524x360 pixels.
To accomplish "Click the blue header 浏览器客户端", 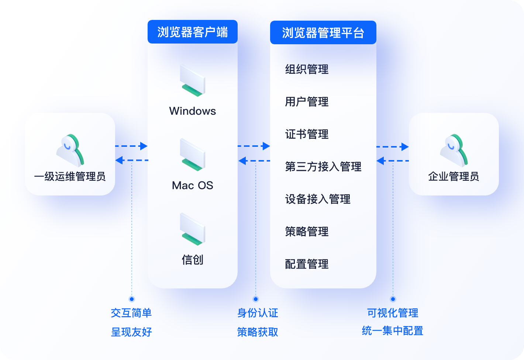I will (x=192, y=32).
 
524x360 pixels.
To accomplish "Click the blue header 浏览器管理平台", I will (x=323, y=33).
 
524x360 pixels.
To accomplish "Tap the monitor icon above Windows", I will (x=192, y=81).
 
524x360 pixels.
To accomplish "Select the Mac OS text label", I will (x=192, y=185).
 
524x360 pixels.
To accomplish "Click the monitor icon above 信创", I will (x=192, y=229).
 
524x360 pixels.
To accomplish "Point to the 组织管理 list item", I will (x=307, y=69).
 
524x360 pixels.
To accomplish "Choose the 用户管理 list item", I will (x=307, y=102).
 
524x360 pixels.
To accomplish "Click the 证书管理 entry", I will (x=307, y=134).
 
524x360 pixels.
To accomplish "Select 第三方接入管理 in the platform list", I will (x=323, y=167).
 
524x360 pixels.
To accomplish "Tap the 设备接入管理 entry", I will (x=317, y=199).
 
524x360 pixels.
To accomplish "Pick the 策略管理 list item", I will (x=307, y=232).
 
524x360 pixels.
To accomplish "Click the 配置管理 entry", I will (x=307, y=264).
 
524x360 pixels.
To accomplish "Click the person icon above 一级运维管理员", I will (x=70, y=150).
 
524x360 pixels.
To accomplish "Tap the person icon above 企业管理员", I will (x=454, y=150).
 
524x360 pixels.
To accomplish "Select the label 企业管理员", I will (x=454, y=177).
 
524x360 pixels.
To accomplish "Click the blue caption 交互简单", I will (x=131, y=313).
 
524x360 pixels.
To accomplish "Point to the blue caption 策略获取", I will (x=258, y=332).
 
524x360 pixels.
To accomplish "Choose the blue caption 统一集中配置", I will (x=393, y=331).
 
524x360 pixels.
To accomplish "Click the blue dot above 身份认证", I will (x=256, y=299).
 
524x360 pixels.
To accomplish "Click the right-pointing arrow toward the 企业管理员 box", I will (x=404, y=147).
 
